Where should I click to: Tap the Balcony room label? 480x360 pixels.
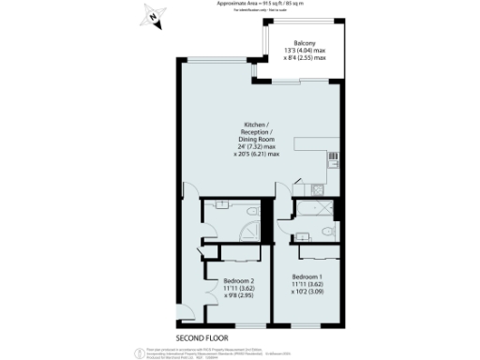tap(304, 43)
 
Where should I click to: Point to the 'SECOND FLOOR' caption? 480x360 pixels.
tap(202, 336)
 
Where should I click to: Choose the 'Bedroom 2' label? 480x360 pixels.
tap(241, 280)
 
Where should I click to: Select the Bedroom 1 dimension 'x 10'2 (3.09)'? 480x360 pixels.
tap(310, 292)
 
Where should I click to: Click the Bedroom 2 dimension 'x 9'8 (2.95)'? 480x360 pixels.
tap(241, 295)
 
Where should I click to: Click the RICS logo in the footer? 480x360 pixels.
tap(132, 351)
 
